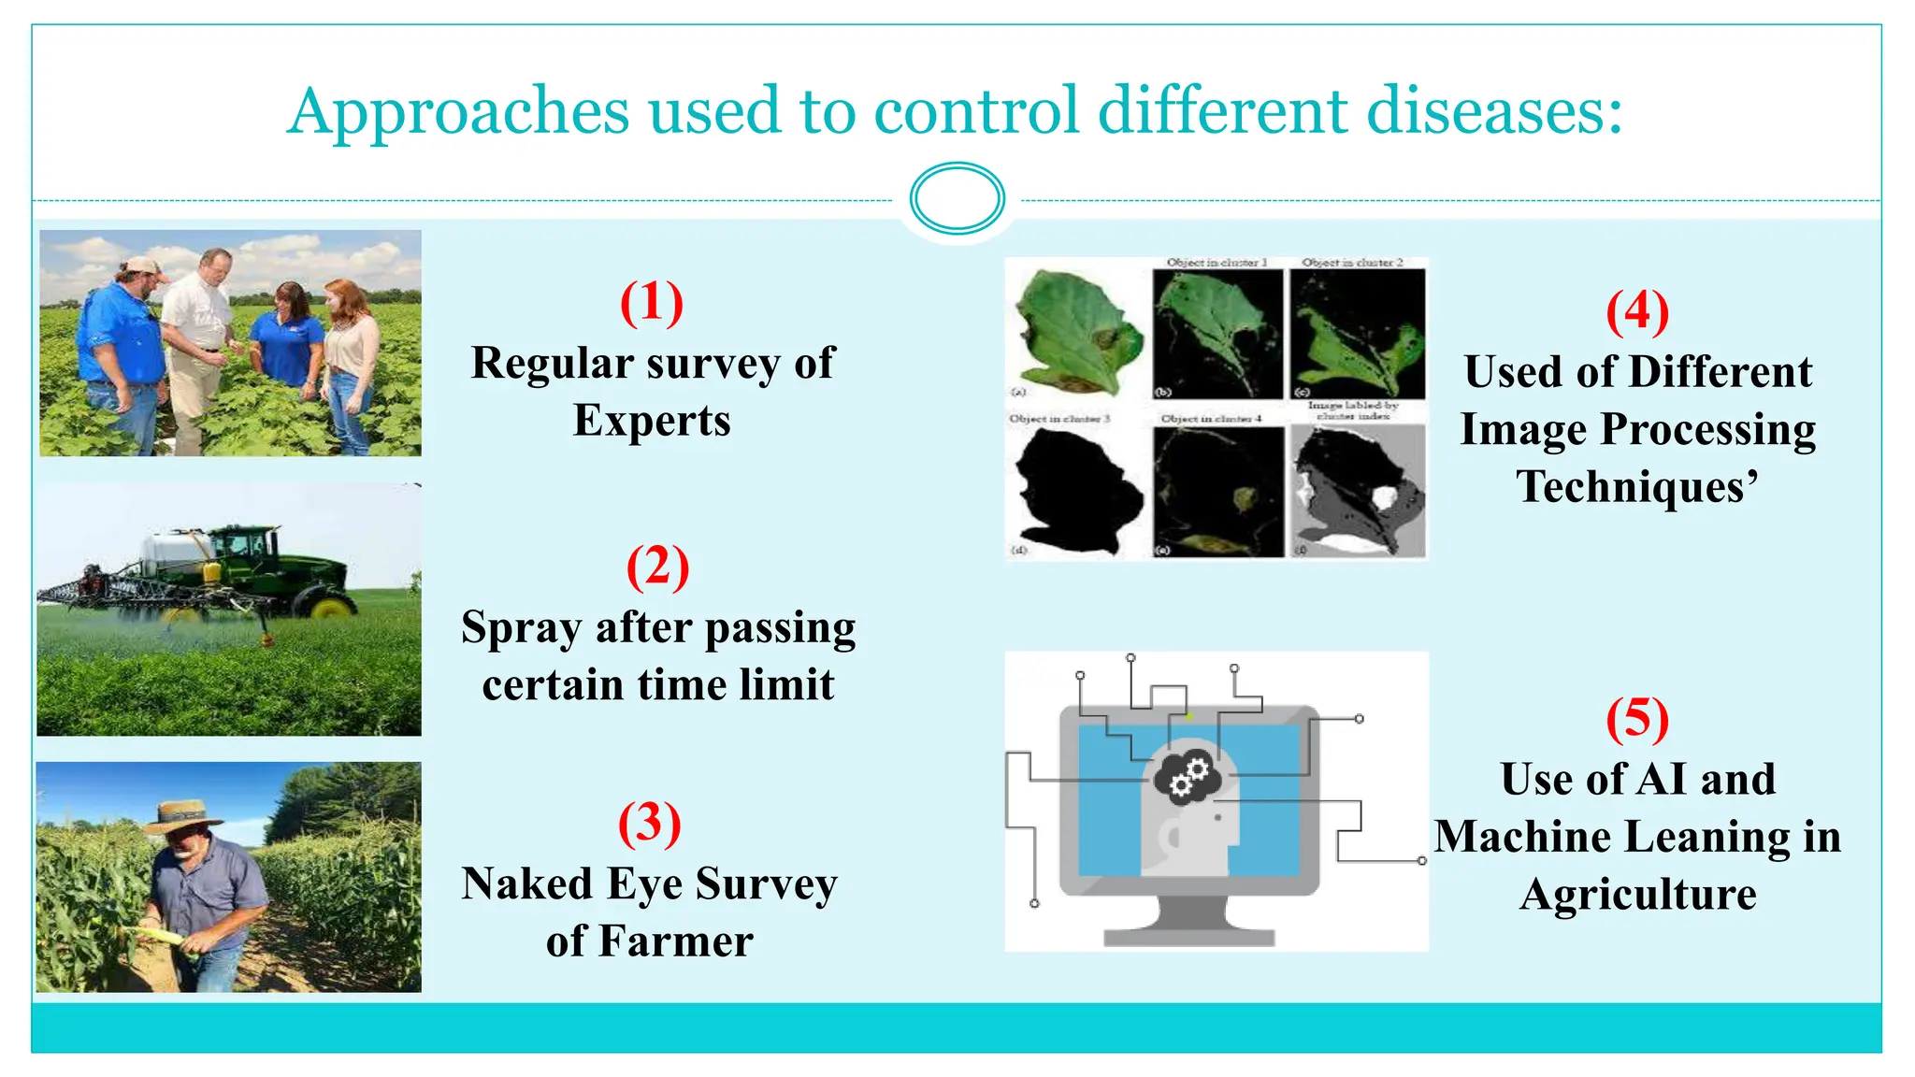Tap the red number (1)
click(652, 303)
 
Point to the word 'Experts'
click(652, 421)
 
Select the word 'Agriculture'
click(1637, 895)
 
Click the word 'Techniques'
click(1631, 487)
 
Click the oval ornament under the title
click(957, 198)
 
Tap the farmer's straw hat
click(181, 815)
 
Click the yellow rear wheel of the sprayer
click(331, 608)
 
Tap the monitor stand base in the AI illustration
click(1188, 936)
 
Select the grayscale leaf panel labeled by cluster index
click(1358, 491)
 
